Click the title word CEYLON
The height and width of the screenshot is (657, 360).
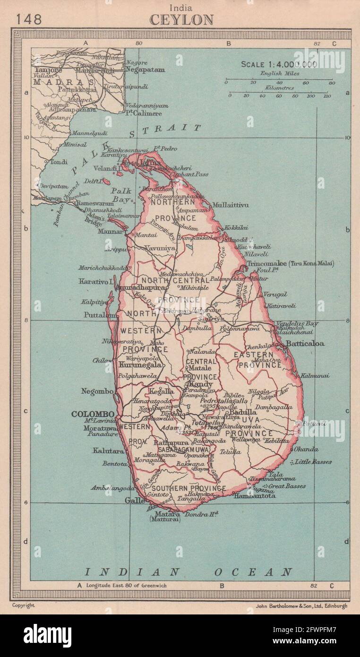pyautogui.click(x=181, y=19)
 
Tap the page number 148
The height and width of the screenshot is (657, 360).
pyautogui.click(x=29, y=19)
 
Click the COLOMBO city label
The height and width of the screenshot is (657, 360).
pyautogui.click(x=93, y=414)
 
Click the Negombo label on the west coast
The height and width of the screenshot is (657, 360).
pyautogui.click(x=97, y=391)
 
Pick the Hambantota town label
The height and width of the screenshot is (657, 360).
pyautogui.click(x=255, y=496)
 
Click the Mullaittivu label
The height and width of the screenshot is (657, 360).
pyautogui.click(x=230, y=205)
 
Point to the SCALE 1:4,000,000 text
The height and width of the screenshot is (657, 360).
pyautogui.click(x=279, y=65)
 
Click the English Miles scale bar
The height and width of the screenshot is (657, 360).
pyautogui.click(x=279, y=79)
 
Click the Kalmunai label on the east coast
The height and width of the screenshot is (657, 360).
pyautogui.click(x=314, y=376)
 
